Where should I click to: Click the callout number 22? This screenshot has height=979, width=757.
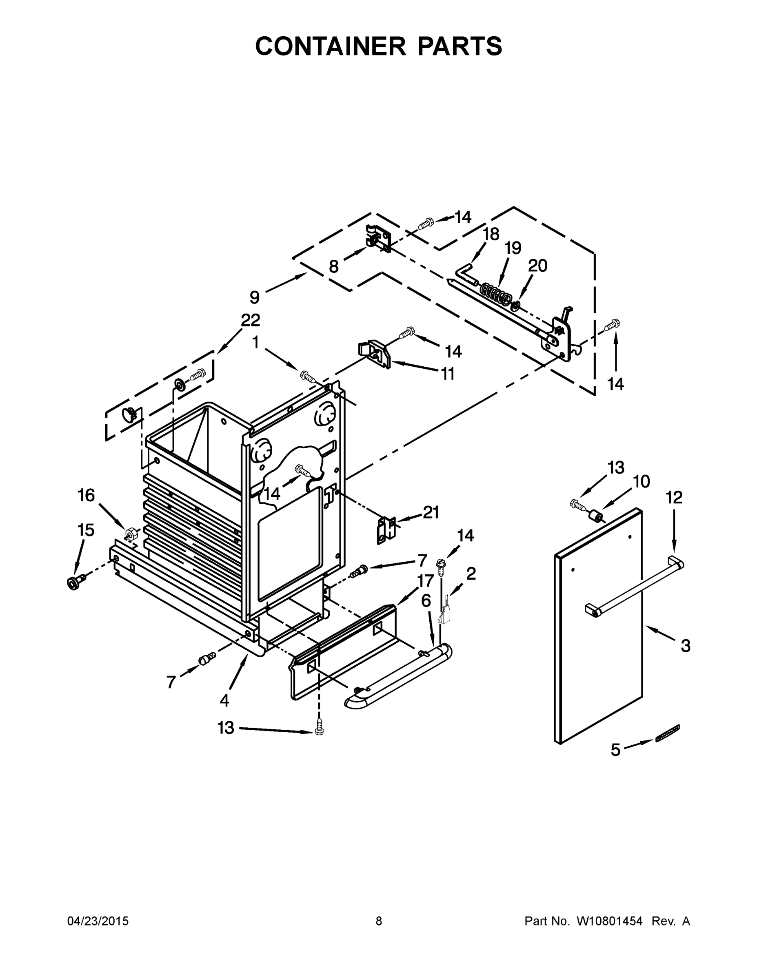pyautogui.click(x=250, y=320)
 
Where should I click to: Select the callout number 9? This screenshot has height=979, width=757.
pyautogui.click(x=254, y=297)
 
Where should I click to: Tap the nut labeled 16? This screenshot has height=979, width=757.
pyautogui.click(x=131, y=534)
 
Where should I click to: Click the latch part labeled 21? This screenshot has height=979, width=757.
pyautogui.click(x=386, y=530)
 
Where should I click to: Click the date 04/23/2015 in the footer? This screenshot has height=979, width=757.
pyautogui.click(x=98, y=921)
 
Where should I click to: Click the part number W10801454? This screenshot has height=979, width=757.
pyautogui.click(x=609, y=921)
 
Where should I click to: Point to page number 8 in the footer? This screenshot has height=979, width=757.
pyautogui.click(x=379, y=921)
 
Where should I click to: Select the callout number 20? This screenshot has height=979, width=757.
pyautogui.click(x=538, y=266)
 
